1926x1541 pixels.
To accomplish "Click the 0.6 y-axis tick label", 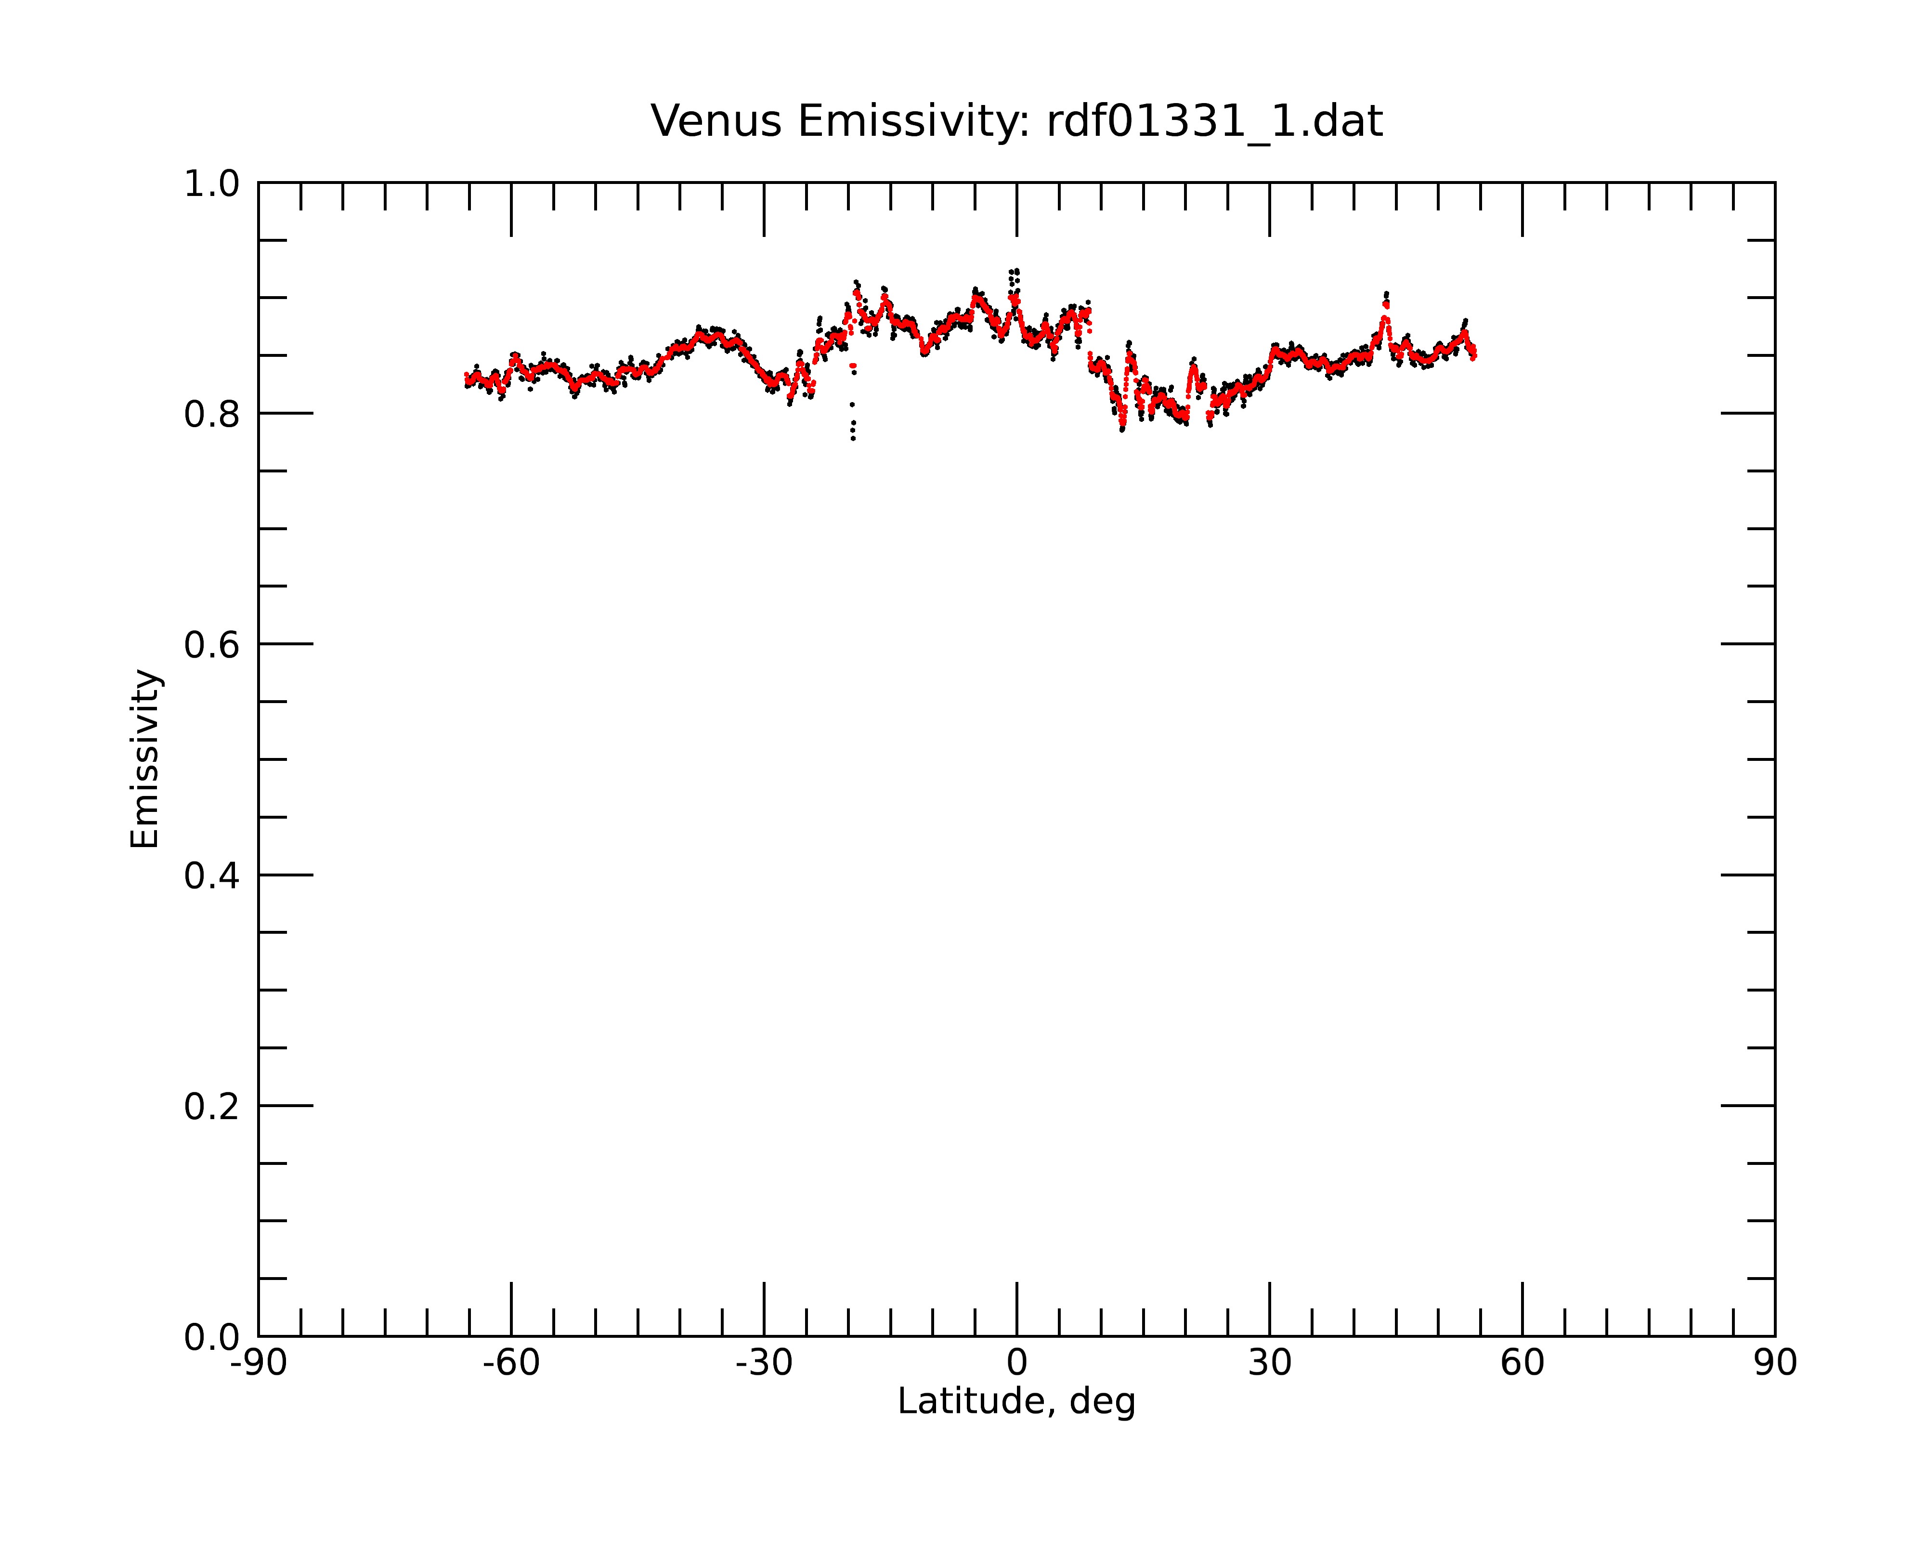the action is click(212, 644).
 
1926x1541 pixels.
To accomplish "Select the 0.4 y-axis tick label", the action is click(212, 875).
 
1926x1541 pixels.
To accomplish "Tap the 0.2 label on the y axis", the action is click(212, 1106).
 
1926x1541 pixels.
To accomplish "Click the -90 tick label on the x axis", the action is click(258, 1363).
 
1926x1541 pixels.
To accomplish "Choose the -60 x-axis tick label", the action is click(511, 1363).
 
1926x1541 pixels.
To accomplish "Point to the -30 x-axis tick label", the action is click(764, 1363).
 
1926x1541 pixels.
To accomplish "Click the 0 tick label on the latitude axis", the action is click(1016, 1363).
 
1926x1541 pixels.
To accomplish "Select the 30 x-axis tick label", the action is click(1269, 1363).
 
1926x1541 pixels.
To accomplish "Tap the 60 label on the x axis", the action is click(1522, 1363).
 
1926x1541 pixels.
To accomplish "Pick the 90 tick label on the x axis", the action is click(1775, 1363).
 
